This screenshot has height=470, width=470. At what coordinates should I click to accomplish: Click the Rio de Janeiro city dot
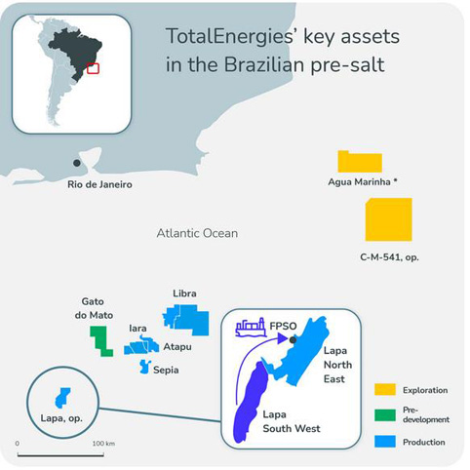(77, 163)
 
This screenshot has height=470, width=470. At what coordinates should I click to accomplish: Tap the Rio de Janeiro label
(99, 184)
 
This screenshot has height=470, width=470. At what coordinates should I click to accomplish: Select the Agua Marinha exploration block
(360, 162)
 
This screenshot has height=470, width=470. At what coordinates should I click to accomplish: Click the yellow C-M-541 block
(389, 219)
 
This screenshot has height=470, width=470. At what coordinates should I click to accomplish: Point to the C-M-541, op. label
(389, 257)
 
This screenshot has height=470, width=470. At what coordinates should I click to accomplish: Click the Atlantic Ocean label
(197, 233)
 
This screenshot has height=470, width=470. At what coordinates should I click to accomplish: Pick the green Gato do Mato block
(100, 341)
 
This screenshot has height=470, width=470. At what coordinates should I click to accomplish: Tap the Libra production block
(186, 320)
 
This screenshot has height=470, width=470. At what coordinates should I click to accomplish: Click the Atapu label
(177, 347)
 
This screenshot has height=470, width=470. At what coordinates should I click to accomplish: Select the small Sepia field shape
(144, 367)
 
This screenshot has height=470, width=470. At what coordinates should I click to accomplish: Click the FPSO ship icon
(250, 327)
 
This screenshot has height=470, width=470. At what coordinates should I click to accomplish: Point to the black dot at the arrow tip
(293, 340)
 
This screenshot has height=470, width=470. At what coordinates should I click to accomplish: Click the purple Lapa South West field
(252, 403)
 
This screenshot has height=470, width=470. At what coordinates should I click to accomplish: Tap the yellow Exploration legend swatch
(385, 389)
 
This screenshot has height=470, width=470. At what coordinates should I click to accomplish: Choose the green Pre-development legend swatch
(385, 415)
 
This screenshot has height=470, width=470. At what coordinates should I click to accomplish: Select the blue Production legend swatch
(385, 442)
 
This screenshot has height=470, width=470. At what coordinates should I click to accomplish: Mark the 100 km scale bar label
(103, 444)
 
